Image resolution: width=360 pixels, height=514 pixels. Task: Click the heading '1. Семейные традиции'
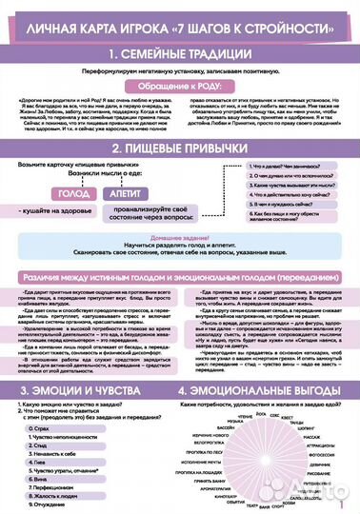(180, 53)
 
